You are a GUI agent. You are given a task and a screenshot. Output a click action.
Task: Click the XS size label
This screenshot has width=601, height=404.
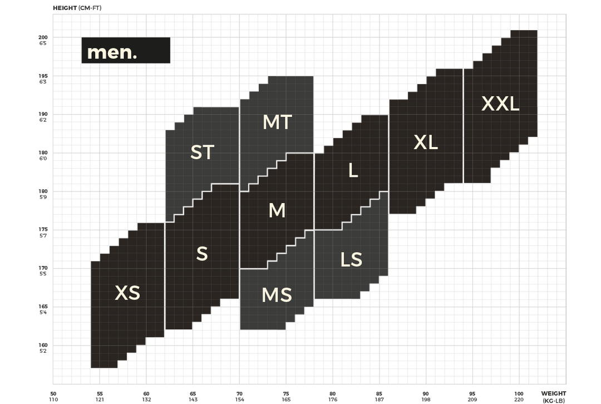coord(127,293)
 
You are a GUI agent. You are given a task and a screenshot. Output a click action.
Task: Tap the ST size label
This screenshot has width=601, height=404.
coord(203,152)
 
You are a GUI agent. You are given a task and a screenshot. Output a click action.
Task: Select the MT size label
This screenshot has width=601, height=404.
coord(277,122)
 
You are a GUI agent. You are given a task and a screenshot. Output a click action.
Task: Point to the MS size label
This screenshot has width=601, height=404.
coord(277,295)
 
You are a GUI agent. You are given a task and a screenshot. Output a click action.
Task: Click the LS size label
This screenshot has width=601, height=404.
coord(351,259)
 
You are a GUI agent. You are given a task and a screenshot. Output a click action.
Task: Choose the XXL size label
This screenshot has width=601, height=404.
coord(500,104)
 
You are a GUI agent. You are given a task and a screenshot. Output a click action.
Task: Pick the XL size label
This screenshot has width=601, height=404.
coord(426,142)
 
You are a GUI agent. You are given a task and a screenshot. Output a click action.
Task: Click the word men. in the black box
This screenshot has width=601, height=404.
coord(112,52)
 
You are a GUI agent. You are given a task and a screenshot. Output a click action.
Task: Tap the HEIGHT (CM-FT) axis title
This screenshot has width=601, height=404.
coord(77,8)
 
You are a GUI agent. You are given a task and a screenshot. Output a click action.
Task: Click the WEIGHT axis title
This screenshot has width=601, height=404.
coord(554,393)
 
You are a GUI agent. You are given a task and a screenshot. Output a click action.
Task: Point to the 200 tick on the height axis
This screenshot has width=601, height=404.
coord(43,37)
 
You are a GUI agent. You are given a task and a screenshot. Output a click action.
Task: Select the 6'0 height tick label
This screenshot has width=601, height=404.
coord(43,159)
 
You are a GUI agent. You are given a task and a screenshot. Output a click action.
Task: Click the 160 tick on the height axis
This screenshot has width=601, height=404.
coord(43,345)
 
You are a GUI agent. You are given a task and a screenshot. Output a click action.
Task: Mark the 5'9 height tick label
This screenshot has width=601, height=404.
coord(43,198)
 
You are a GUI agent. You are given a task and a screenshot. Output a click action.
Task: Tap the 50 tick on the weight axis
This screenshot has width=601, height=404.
coord(53,393)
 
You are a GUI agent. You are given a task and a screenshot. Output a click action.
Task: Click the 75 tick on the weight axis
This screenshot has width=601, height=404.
coord(286,393)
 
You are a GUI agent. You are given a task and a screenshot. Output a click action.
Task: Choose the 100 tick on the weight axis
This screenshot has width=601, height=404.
coord(519,393)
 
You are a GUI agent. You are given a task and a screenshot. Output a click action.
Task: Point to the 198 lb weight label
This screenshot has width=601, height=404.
coord(426,400)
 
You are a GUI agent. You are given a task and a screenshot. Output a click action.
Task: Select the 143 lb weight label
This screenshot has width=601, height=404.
coord(193,400)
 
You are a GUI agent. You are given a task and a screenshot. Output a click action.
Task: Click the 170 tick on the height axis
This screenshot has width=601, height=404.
coord(43,268)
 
